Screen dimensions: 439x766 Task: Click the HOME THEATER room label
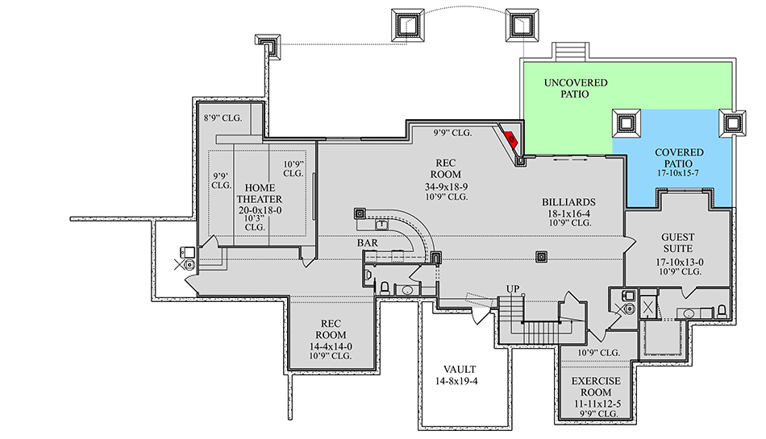pos(259,193)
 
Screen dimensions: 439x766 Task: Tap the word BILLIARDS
pos(569,202)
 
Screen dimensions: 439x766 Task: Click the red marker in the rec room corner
pos(511,138)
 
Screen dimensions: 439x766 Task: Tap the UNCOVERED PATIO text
pos(576,89)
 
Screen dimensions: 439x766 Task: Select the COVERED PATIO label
pos(678,158)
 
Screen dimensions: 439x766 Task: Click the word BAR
pos(369,242)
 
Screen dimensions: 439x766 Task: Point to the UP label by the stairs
pos(512,288)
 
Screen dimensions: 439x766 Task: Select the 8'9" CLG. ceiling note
pos(223,118)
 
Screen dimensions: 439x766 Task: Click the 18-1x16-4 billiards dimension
pos(569,213)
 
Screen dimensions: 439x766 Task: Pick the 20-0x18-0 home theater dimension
pos(259,209)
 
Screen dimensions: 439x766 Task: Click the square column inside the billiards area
pos(543,257)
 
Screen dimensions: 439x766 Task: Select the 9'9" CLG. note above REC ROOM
pos(452,133)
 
